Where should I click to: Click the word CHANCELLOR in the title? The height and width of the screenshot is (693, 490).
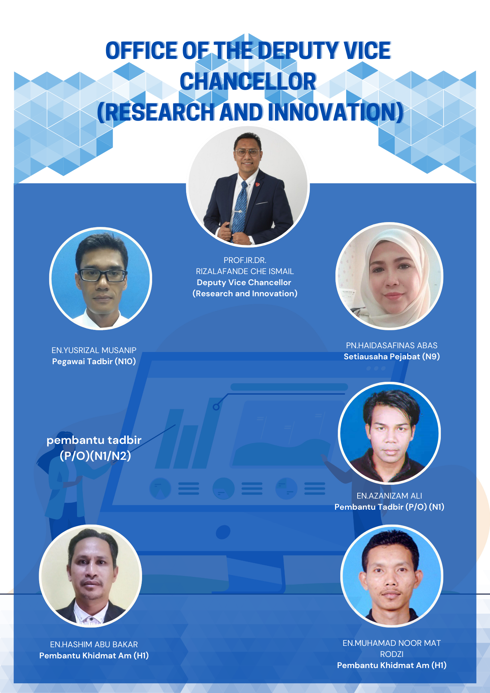pyautogui.click(x=248, y=82)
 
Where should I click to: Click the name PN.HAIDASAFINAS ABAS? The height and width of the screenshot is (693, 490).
pyautogui.click(x=392, y=345)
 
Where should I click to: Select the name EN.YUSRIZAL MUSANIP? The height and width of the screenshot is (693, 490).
pyautogui.click(x=94, y=350)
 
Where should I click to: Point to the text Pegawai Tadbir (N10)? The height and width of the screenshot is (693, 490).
pyautogui.click(x=94, y=361)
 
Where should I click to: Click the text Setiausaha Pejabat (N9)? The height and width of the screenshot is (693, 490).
pyautogui.click(x=392, y=357)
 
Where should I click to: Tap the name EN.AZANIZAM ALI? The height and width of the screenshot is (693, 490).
pyautogui.click(x=390, y=496)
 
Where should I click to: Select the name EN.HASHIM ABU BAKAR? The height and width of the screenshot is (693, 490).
pyautogui.click(x=94, y=644)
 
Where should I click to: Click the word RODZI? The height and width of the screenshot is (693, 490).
pyautogui.click(x=392, y=654)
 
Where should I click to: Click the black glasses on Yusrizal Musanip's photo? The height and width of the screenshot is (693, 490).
pyautogui.click(x=102, y=275)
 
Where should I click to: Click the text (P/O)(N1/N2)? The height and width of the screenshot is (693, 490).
pyautogui.click(x=95, y=456)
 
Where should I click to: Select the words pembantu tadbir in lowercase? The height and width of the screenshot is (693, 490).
pyautogui.click(x=94, y=440)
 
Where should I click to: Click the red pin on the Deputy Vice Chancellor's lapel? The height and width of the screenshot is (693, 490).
pyautogui.click(x=257, y=184)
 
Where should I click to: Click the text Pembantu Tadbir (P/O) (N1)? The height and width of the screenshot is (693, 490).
pyautogui.click(x=389, y=507)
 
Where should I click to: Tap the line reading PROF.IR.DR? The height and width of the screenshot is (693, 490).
pyautogui.click(x=245, y=260)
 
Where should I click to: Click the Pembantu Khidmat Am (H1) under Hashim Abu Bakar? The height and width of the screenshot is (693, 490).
pyautogui.click(x=94, y=656)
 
